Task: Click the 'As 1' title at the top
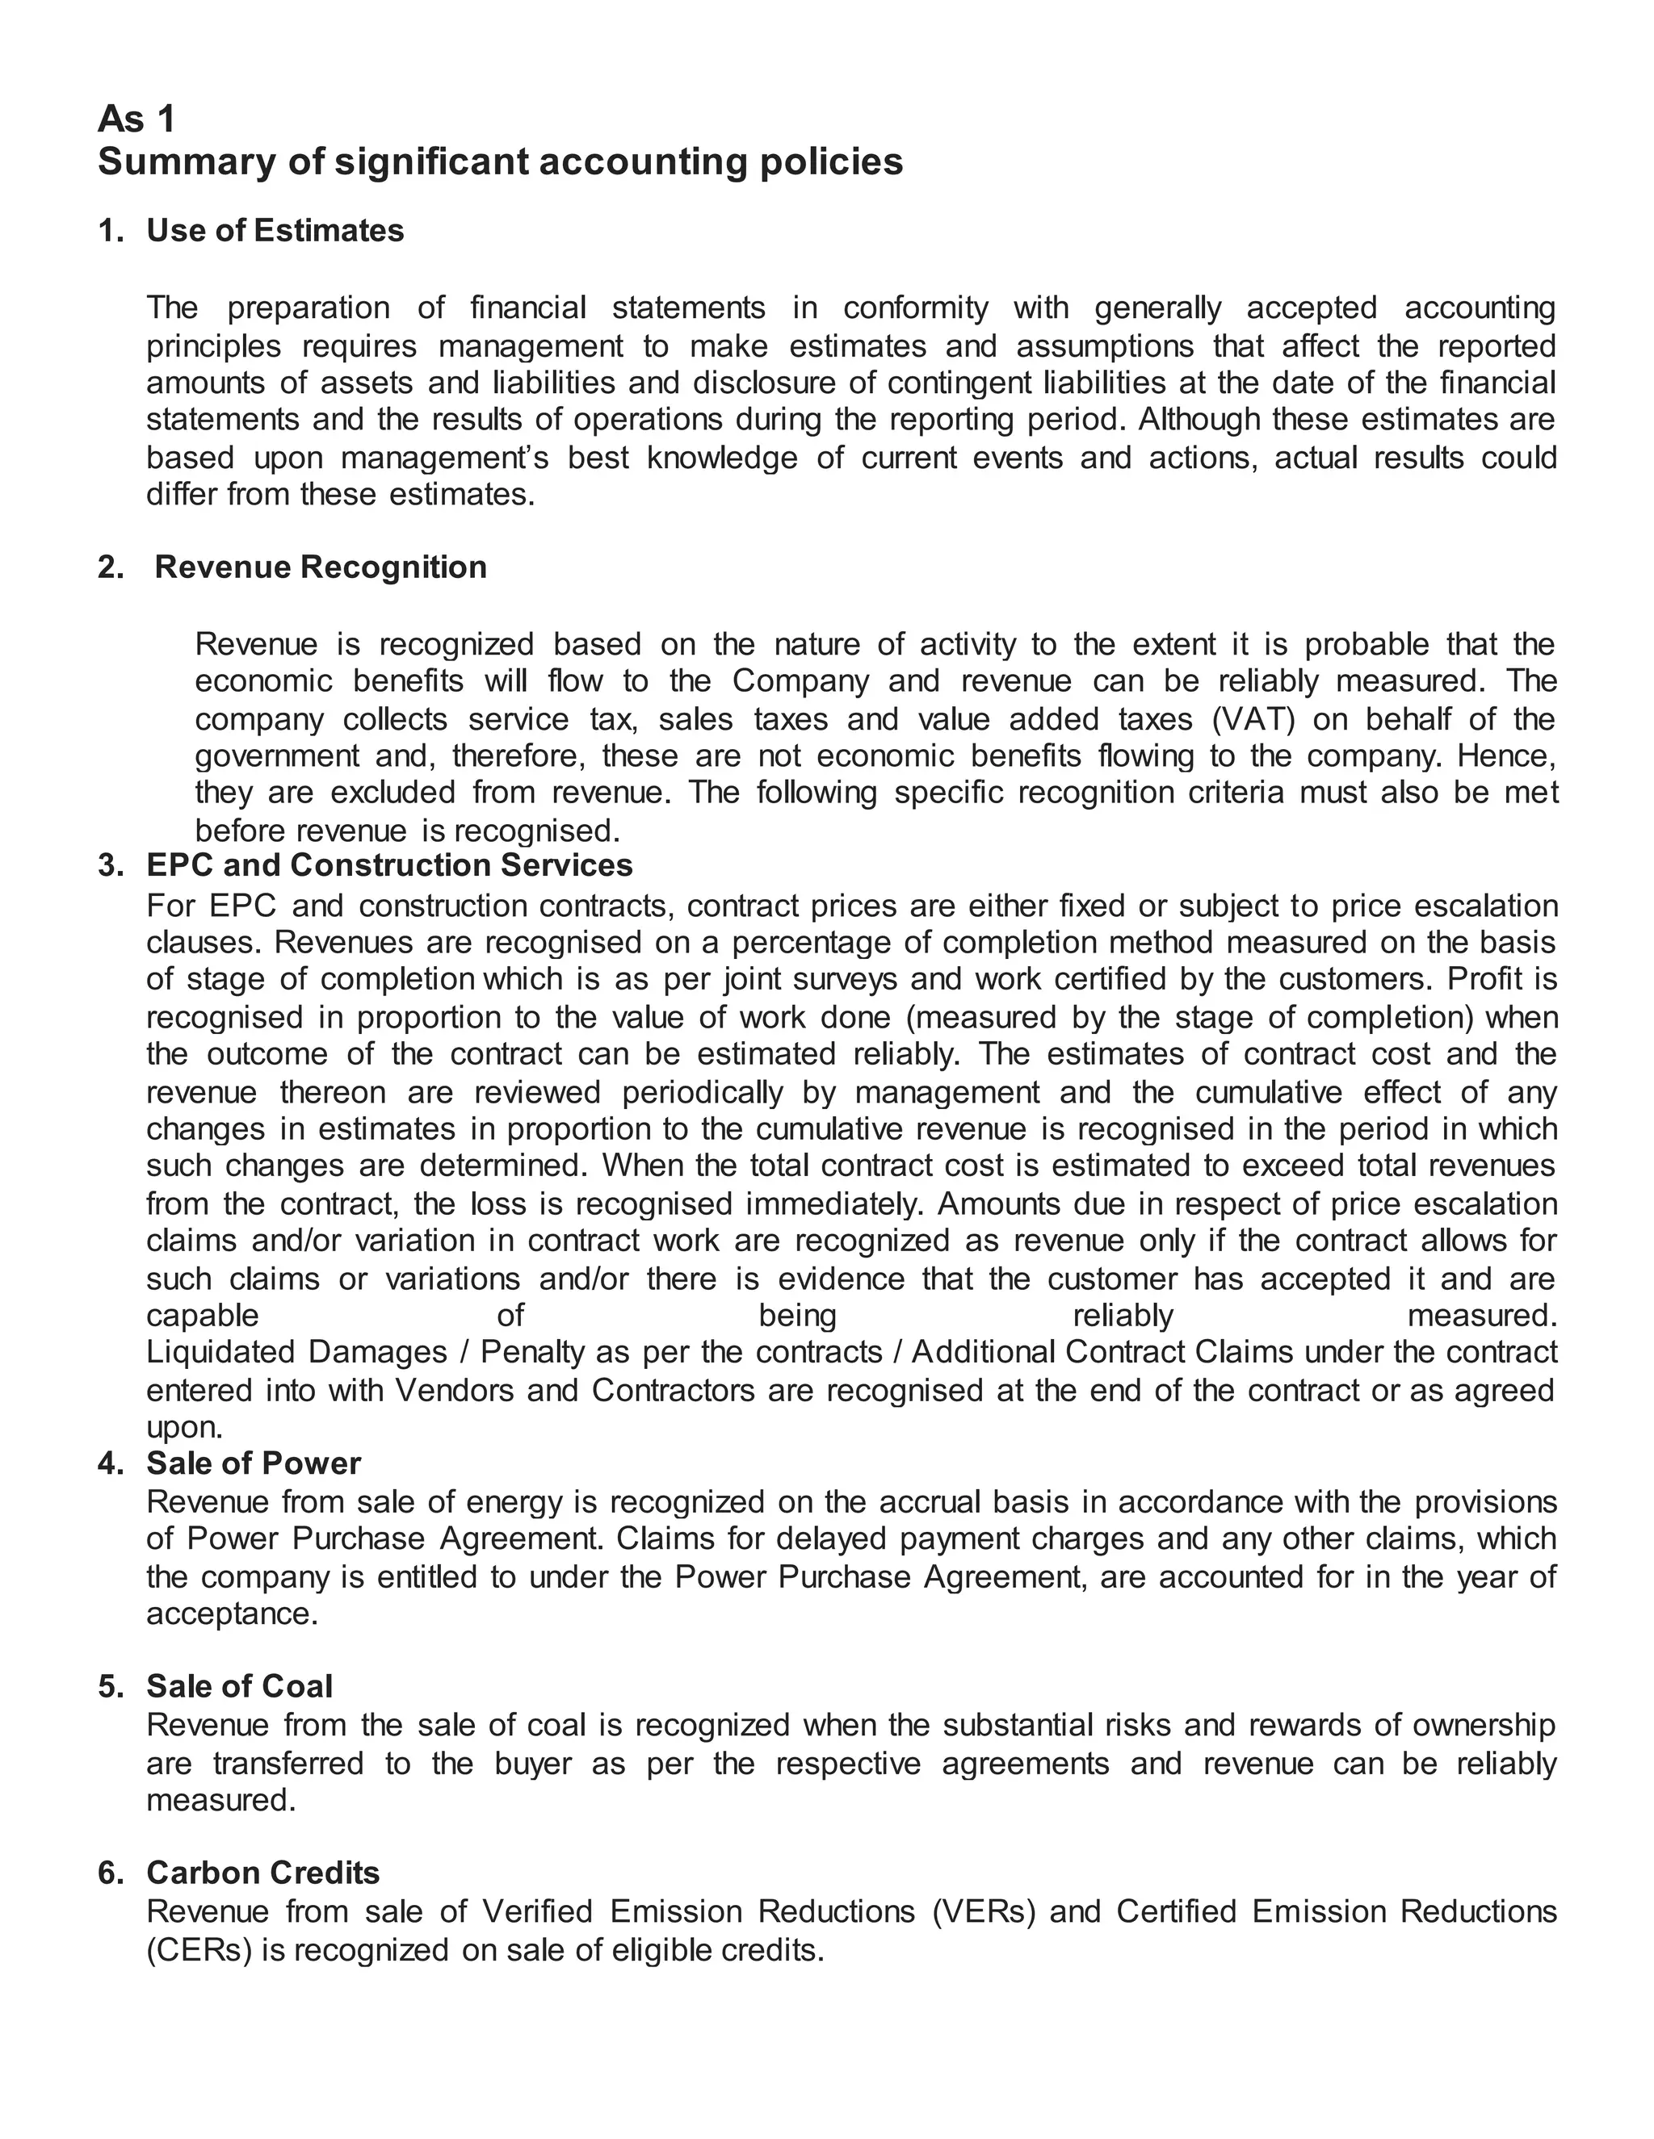click(136, 119)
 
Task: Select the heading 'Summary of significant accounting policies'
click(500, 161)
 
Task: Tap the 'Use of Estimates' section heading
click(275, 230)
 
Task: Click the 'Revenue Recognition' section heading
click(321, 567)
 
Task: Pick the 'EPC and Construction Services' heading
click(389, 864)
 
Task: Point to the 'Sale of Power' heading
click(253, 1463)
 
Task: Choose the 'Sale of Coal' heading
click(239, 1686)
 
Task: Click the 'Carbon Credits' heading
click(262, 1873)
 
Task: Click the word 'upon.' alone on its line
click(184, 1427)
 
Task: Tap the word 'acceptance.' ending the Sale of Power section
click(233, 1613)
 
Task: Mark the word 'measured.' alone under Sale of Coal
click(220, 1800)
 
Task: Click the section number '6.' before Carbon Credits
click(111, 1873)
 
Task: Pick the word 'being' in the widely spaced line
click(798, 1316)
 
